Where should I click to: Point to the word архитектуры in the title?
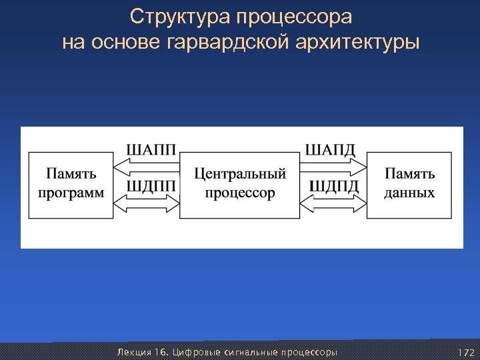(x=359, y=43)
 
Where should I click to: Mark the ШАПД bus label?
(x=331, y=149)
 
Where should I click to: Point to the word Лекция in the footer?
(x=132, y=352)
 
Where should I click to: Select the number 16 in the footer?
(x=161, y=352)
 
